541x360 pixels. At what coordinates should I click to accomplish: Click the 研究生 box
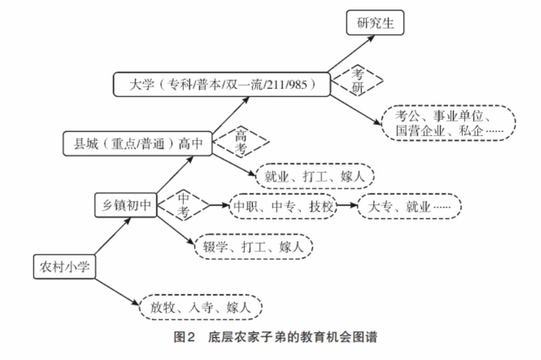tap(374, 24)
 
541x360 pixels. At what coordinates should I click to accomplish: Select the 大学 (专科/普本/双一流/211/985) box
tap(221, 84)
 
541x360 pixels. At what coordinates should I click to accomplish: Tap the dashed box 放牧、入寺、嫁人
tap(202, 308)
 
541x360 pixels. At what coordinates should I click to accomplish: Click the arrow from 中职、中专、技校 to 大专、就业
tap(347, 206)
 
